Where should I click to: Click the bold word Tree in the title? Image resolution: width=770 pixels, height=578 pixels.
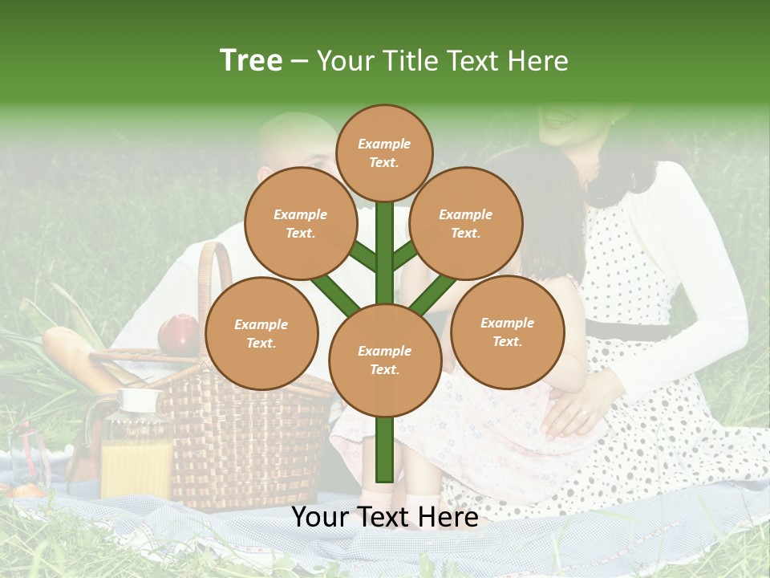pos(251,60)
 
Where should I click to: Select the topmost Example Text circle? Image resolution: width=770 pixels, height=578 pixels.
pos(384,153)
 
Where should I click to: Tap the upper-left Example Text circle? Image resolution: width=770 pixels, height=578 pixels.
pos(301,224)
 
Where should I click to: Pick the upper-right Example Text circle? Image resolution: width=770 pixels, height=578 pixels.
pos(466,224)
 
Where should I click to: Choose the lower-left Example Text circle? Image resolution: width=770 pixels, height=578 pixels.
pos(261,334)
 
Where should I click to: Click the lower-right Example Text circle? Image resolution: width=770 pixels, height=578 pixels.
pos(507,332)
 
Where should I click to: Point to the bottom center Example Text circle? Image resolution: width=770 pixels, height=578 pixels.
pos(384,360)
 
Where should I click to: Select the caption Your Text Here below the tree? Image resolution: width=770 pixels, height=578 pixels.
pos(384,518)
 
